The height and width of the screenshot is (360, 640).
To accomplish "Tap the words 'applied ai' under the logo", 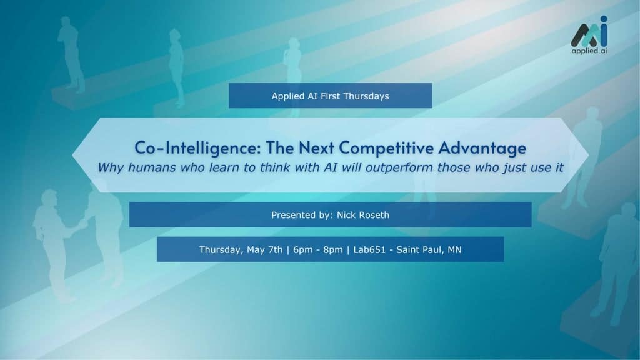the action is [589, 51].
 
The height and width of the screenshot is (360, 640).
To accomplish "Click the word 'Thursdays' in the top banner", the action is [366, 96].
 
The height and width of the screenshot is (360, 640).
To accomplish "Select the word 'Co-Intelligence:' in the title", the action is [197, 147].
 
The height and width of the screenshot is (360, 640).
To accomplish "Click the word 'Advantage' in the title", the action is [482, 148].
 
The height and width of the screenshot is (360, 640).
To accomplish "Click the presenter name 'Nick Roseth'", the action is [363, 215].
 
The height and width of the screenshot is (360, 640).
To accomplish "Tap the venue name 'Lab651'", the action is [369, 250].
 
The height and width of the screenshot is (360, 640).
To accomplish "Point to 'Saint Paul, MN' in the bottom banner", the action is [429, 250].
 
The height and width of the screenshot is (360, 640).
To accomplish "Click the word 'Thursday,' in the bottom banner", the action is [221, 250].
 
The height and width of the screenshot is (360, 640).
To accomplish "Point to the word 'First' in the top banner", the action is [330, 96].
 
